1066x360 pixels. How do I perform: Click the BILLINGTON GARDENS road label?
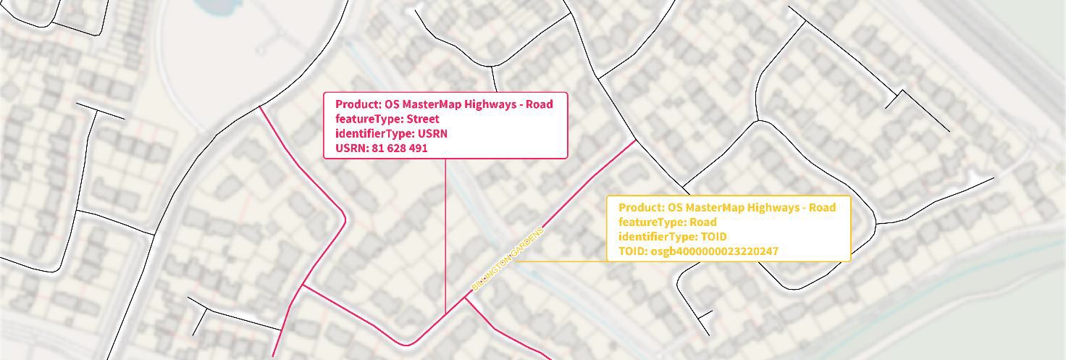[507, 259]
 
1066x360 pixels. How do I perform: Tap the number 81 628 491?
[399, 148]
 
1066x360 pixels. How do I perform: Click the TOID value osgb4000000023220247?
[714, 251]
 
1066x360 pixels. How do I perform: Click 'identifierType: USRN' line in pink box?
[391, 133]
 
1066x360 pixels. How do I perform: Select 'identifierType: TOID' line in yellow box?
[672, 237]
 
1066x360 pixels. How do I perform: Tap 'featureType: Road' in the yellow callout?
[667, 222]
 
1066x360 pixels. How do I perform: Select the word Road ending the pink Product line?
[540, 104]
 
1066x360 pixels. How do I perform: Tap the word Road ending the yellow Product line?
[823, 208]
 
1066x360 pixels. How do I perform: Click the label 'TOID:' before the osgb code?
[634, 251]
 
